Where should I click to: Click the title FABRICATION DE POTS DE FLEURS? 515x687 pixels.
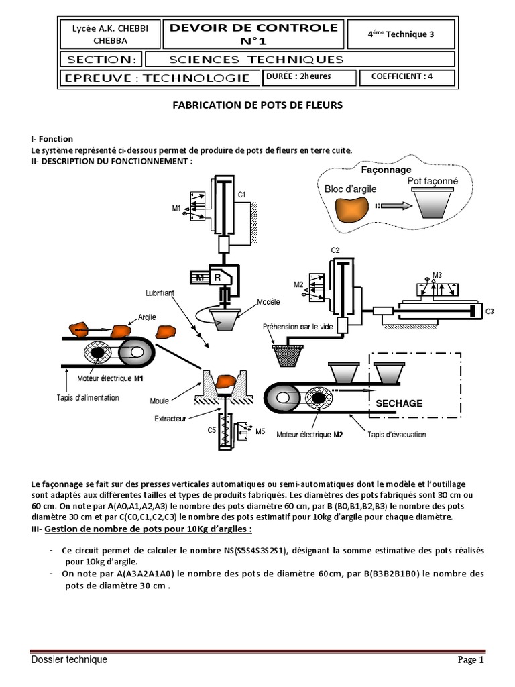(x=258, y=105)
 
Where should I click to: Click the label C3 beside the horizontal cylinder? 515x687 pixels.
(x=490, y=311)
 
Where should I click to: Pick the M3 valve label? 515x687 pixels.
(x=437, y=274)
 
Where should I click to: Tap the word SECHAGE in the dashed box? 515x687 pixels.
(x=399, y=403)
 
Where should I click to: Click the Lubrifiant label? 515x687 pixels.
(x=160, y=293)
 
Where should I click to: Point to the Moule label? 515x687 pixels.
(x=160, y=401)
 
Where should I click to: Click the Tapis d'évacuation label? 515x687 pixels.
(x=396, y=435)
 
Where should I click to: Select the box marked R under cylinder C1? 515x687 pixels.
(x=219, y=276)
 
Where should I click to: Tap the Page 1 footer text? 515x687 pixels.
(x=471, y=660)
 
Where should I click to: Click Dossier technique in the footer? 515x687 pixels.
(x=69, y=660)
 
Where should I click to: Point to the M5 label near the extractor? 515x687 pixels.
(x=260, y=431)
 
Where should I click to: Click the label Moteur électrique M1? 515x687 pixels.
(x=111, y=379)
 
